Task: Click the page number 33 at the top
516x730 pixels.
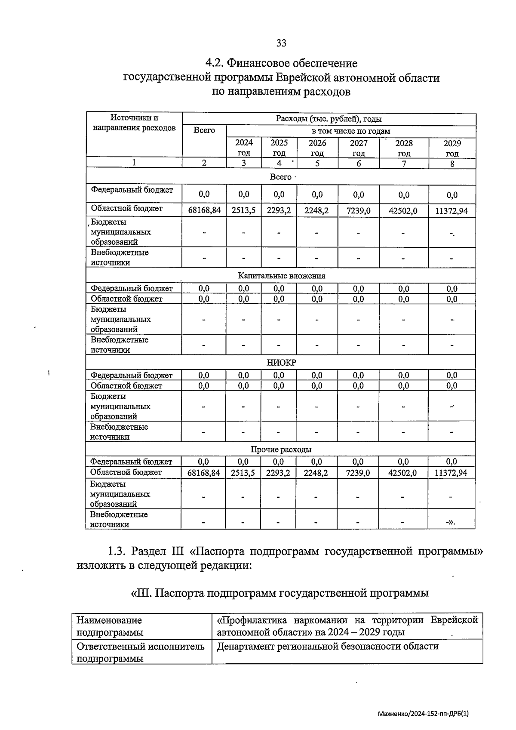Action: pos(281,43)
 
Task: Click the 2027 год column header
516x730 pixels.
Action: pos(358,148)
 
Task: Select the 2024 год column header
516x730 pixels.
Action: pos(244,148)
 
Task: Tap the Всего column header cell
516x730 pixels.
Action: pos(204,130)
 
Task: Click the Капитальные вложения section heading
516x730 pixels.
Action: pos(282,276)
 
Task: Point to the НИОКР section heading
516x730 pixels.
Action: pos(281,363)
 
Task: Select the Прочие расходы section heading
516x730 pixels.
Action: pos(281,450)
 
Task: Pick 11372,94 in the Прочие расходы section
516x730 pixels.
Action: pos(451,473)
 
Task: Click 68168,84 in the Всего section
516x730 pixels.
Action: pos(204,210)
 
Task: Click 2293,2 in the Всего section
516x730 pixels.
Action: pos(279,210)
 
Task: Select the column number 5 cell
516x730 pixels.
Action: pos(317,163)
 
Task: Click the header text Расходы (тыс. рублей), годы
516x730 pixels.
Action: pos(329,119)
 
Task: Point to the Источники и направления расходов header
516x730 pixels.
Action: pos(134,123)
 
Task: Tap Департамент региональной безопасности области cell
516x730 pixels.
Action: pos(328,646)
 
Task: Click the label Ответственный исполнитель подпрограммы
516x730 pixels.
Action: pos(140,652)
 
